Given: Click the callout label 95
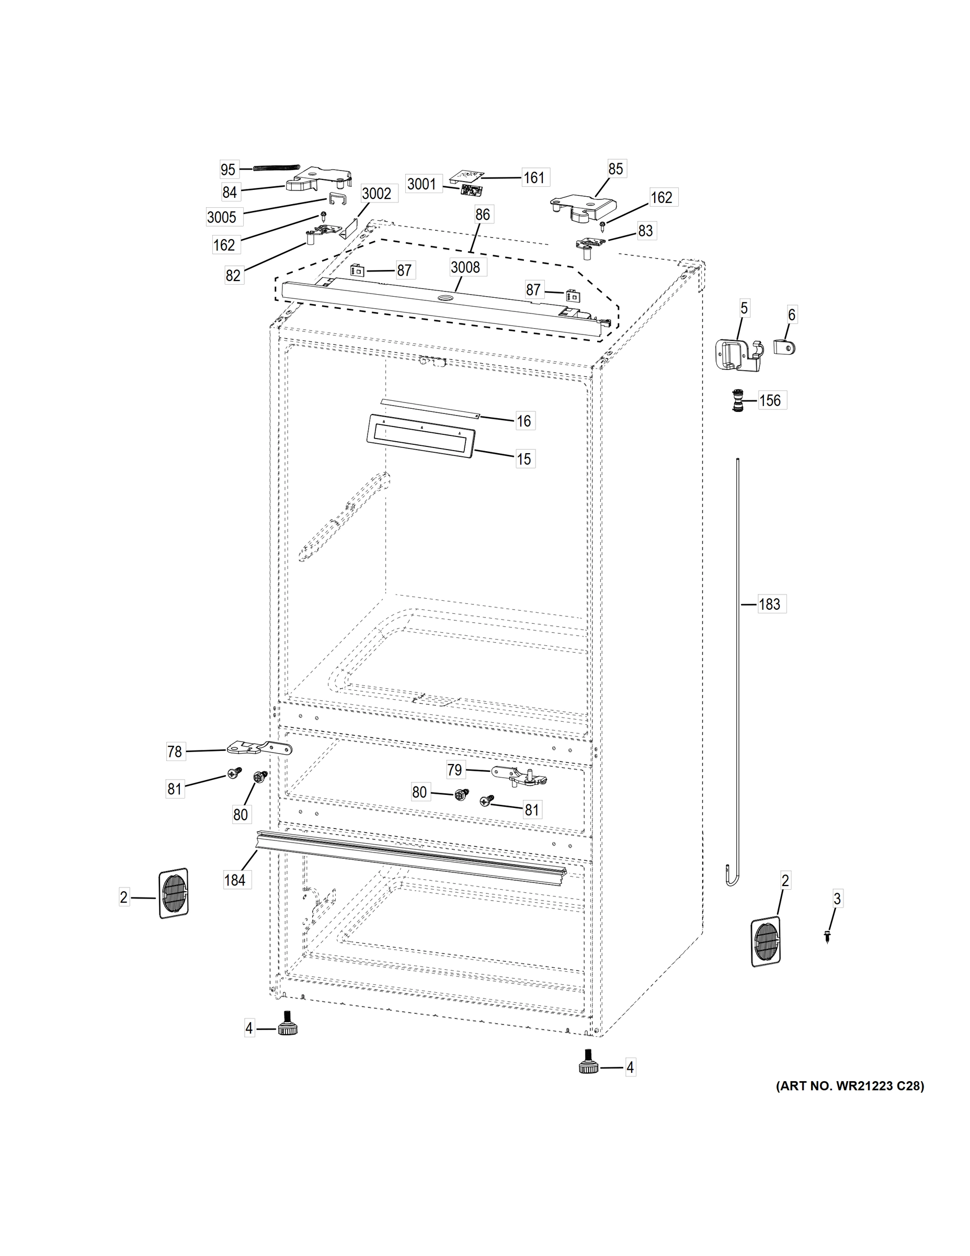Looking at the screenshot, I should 228,170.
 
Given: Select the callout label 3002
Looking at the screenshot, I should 376,194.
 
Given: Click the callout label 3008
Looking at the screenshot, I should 465,267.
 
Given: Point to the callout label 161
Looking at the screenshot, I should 534,178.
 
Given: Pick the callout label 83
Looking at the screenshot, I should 645,231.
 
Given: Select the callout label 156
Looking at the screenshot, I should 770,400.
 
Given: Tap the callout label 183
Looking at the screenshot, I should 769,604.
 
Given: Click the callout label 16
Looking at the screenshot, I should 523,421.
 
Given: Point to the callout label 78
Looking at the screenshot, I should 175,752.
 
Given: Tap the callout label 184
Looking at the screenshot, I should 234,880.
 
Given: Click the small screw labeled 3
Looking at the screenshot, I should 827,937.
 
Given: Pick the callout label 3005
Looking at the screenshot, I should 222,217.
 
